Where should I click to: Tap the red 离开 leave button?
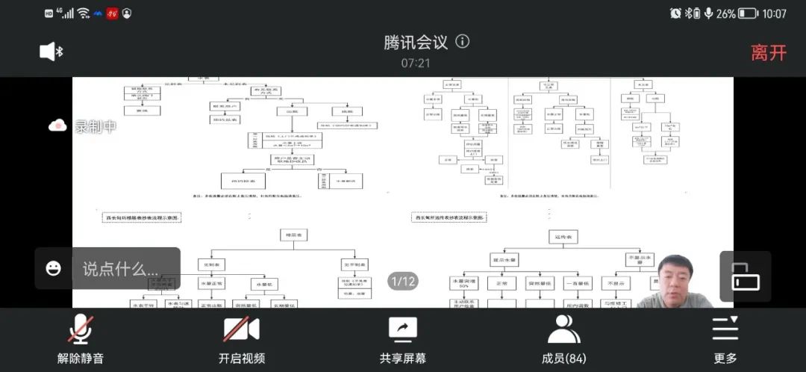[x=769, y=52]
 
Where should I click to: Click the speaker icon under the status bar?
[x=51, y=51]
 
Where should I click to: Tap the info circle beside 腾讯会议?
[x=463, y=41]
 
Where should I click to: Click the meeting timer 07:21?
[x=416, y=63]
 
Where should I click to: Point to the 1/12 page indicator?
[x=403, y=281]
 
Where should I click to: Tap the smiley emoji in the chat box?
[x=54, y=268]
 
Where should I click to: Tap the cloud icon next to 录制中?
[x=58, y=126]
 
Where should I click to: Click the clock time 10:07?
[x=775, y=13]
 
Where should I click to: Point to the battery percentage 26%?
[x=725, y=13]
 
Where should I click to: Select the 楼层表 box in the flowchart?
[x=293, y=236]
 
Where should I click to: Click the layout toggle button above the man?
[x=745, y=277]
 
